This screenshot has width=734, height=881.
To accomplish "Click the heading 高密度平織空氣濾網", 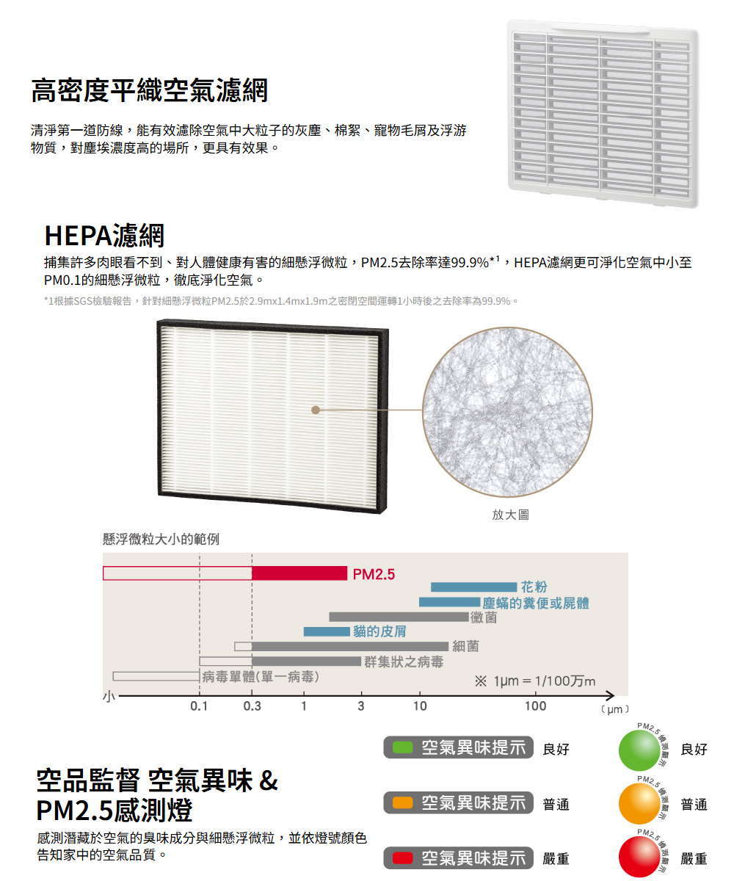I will [149, 91].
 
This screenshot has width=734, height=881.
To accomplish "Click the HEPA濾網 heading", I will [104, 235].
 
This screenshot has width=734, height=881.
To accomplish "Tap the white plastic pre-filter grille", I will [603, 114].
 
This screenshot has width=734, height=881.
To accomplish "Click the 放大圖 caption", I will [509, 515].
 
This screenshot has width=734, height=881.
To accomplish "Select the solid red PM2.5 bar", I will [299, 573].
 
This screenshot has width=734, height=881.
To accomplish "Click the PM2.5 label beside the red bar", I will [374, 573].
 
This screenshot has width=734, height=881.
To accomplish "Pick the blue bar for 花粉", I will [473, 587].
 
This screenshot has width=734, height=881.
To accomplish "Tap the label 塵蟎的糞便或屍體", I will [536, 603].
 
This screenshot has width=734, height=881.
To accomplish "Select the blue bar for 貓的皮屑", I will [327, 631].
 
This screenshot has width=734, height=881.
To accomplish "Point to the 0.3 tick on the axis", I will [252, 706].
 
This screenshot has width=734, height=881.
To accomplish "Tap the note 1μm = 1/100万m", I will [535, 681].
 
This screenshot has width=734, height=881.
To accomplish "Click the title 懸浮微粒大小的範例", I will [161, 540].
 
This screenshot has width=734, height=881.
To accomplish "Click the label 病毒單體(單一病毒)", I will [261, 676].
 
